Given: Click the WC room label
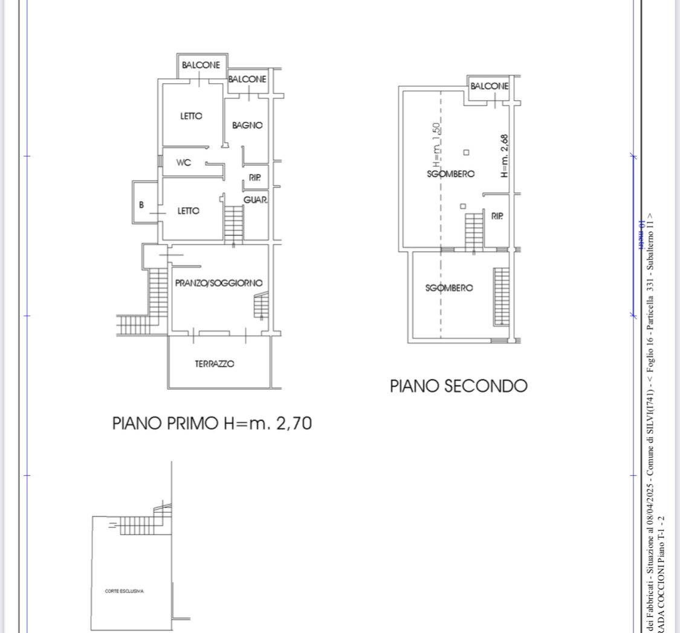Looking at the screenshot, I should click(184, 162).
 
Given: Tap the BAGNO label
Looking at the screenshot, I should click(247, 126).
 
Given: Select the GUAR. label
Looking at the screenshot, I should click(256, 200).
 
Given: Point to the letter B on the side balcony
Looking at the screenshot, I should click(141, 205).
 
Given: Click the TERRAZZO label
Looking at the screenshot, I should click(215, 364).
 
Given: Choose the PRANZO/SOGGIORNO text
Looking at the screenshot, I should click(218, 283).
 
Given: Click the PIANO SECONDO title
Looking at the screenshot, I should click(458, 386).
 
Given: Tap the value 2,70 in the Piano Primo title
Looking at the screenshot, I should click(294, 423).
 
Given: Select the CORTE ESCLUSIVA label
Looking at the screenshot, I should click(124, 591).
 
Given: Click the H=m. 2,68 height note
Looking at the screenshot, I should click(505, 155).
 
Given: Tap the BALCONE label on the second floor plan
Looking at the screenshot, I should click(490, 86).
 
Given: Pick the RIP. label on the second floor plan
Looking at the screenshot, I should click(497, 216).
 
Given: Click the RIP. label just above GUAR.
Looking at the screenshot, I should click(254, 178).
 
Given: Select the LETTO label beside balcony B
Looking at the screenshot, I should click(188, 211).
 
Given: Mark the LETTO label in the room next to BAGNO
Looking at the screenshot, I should click(191, 116).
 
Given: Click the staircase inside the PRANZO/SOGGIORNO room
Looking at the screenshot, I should click(261, 305).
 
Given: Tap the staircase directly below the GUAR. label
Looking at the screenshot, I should click(233, 222).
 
